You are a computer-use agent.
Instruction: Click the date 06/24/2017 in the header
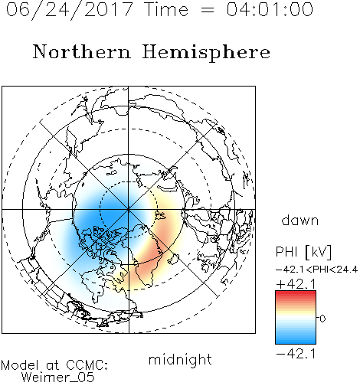70,10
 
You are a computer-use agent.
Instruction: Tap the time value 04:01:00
270,9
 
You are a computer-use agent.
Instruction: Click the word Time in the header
166,9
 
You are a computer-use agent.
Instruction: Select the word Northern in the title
82,52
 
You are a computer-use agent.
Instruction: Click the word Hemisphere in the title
206,53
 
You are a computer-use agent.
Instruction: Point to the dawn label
300,220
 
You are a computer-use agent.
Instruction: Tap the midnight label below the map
180,359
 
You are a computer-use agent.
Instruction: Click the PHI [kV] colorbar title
303,252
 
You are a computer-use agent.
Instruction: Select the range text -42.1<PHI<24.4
317,270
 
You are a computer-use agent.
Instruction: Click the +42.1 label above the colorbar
296,284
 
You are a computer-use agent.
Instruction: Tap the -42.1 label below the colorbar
296,354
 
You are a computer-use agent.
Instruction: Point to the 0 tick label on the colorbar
322,319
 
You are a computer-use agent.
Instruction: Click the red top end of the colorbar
296,293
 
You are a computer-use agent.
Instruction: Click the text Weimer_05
58,378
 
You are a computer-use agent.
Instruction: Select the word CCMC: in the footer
87,365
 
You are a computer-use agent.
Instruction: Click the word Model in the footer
20,365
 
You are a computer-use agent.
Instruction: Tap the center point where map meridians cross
129,210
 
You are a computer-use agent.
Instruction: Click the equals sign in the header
208,10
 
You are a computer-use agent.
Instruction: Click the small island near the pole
160,216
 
